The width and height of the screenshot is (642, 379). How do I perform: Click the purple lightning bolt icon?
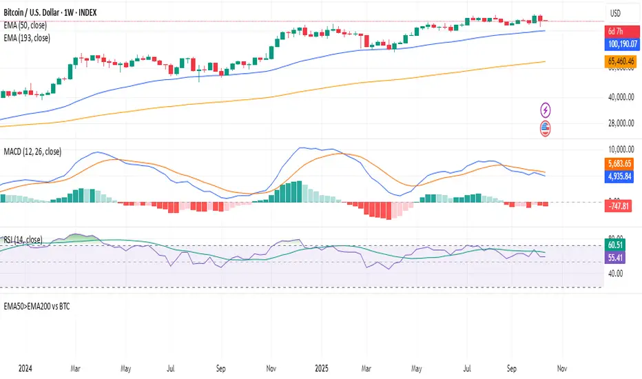546,109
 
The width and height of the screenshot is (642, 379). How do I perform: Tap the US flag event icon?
546,127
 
